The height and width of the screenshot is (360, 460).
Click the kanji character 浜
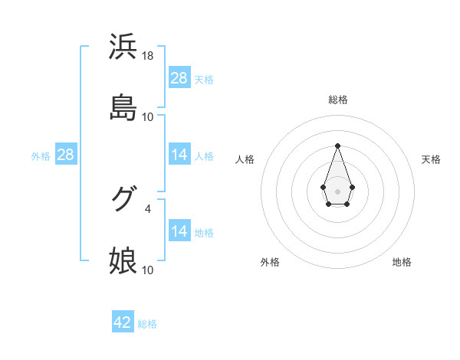tap(123, 47)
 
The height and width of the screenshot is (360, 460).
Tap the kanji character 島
tap(123, 108)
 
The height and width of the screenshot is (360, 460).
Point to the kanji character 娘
tap(123, 260)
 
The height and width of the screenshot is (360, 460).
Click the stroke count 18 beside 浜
tap(148, 56)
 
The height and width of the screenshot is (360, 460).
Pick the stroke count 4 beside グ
tap(148, 208)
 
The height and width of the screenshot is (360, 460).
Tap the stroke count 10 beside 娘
tap(148, 270)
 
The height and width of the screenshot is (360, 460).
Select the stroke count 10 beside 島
tap(148, 117)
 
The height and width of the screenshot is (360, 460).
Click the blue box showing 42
tap(123, 322)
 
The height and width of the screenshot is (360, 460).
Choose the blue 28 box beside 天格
tap(179, 78)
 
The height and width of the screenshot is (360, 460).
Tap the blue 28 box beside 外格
tap(66, 155)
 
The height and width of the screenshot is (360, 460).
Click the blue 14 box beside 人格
tap(179, 155)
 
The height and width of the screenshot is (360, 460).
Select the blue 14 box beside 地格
tap(179, 231)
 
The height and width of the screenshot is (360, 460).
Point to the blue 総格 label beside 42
tap(147, 324)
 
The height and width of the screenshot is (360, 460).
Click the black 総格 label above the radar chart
tap(337, 100)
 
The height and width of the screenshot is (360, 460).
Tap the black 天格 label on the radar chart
tap(431, 159)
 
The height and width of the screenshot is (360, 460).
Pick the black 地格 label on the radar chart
tap(402, 263)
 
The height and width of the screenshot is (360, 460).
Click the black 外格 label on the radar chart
tap(270, 263)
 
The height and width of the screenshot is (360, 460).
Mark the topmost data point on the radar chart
tap(337, 146)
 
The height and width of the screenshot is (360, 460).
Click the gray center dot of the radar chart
tap(337, 190)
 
